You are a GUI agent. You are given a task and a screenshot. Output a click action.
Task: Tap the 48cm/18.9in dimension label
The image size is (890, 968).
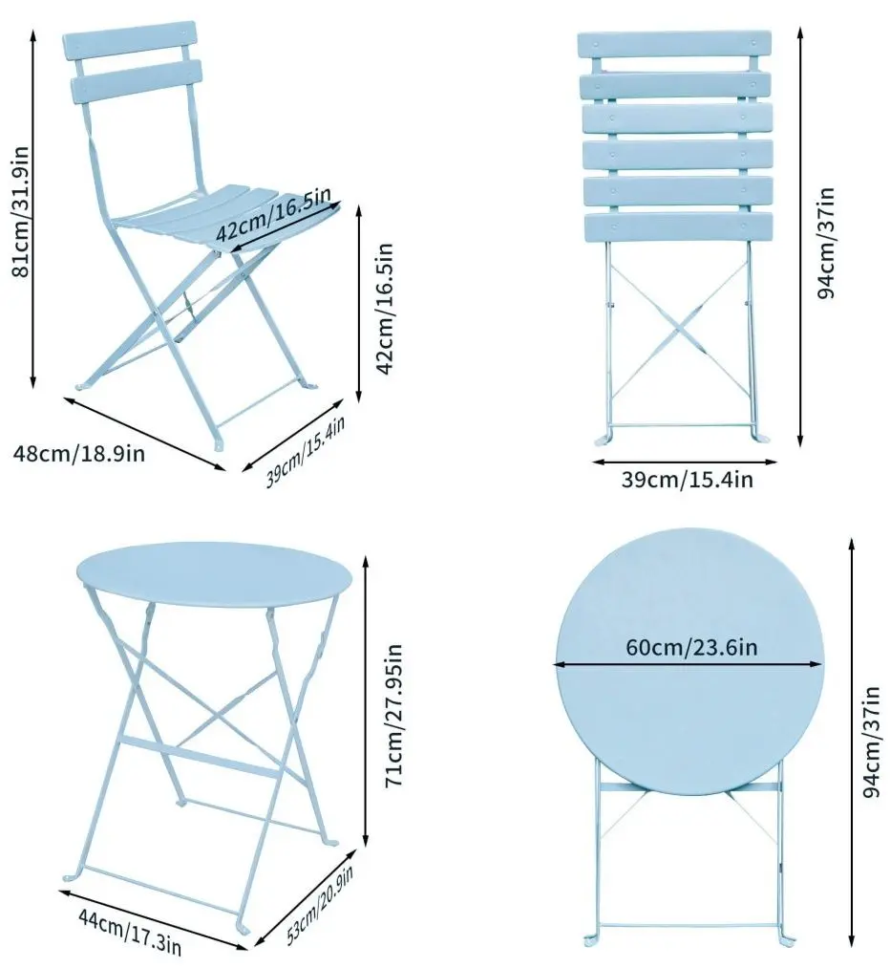[x=79, y=453]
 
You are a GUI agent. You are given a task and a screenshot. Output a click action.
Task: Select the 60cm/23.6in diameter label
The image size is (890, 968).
[x=691, y=647]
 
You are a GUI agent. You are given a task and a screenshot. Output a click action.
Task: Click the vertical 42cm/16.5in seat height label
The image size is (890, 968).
[x=385, y=308]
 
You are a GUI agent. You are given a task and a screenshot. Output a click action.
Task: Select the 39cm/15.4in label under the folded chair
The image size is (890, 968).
[x=688, y=480]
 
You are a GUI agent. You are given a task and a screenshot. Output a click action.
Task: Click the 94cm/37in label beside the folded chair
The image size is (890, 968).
[x=827, y=242]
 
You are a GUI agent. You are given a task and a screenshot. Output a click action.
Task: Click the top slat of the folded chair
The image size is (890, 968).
[x=674, y=45]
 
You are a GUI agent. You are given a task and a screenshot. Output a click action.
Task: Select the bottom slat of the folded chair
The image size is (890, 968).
[x=677, y=226]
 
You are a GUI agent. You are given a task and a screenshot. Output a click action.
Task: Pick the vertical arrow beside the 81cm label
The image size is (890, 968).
[x=35, y=207]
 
